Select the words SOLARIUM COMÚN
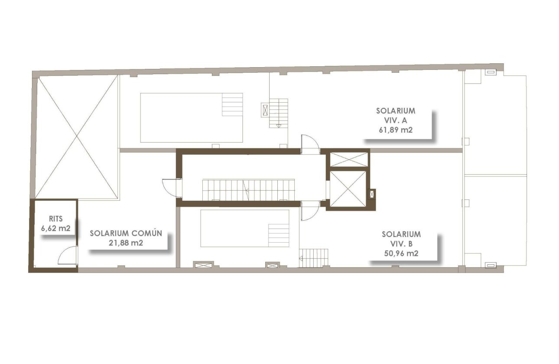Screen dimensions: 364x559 [x=126, y=233]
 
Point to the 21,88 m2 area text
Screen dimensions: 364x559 [x=126, y=243]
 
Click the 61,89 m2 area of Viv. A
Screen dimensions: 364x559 [x=395, y=129]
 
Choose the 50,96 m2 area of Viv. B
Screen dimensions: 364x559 [x=401, y=253]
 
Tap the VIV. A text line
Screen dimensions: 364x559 [x=395, y=120]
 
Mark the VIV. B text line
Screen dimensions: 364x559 [x=401, y=244]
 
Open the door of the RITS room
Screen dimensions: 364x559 [x=68, y=256]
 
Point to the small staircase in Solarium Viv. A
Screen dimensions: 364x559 [x=278, y=113]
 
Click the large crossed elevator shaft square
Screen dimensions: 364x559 [x=348, y=188]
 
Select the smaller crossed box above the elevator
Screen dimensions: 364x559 [x=348, y=159]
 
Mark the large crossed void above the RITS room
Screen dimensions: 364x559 [x=77, y=137]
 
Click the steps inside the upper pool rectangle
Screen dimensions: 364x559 [x=232, y=104]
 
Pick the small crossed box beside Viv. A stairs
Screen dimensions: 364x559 [x=264, y=110]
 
